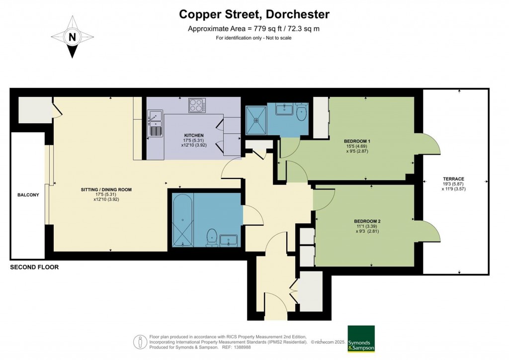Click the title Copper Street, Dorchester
click(x=254, y=15)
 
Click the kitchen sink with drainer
click(x=155, y=123)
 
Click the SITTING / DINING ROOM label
click(x=106, y=189)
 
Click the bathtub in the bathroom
click(x=183, y=220)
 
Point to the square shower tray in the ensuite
click(x=256, y=119)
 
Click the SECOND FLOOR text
click(x=34, y=268)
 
